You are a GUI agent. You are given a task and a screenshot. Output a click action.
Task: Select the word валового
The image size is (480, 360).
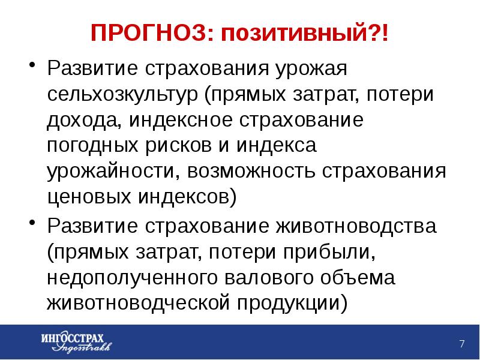(269, 278)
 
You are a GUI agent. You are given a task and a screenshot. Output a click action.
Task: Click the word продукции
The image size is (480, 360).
(292, 304)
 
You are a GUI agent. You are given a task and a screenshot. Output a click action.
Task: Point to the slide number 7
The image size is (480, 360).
(462, 344)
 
